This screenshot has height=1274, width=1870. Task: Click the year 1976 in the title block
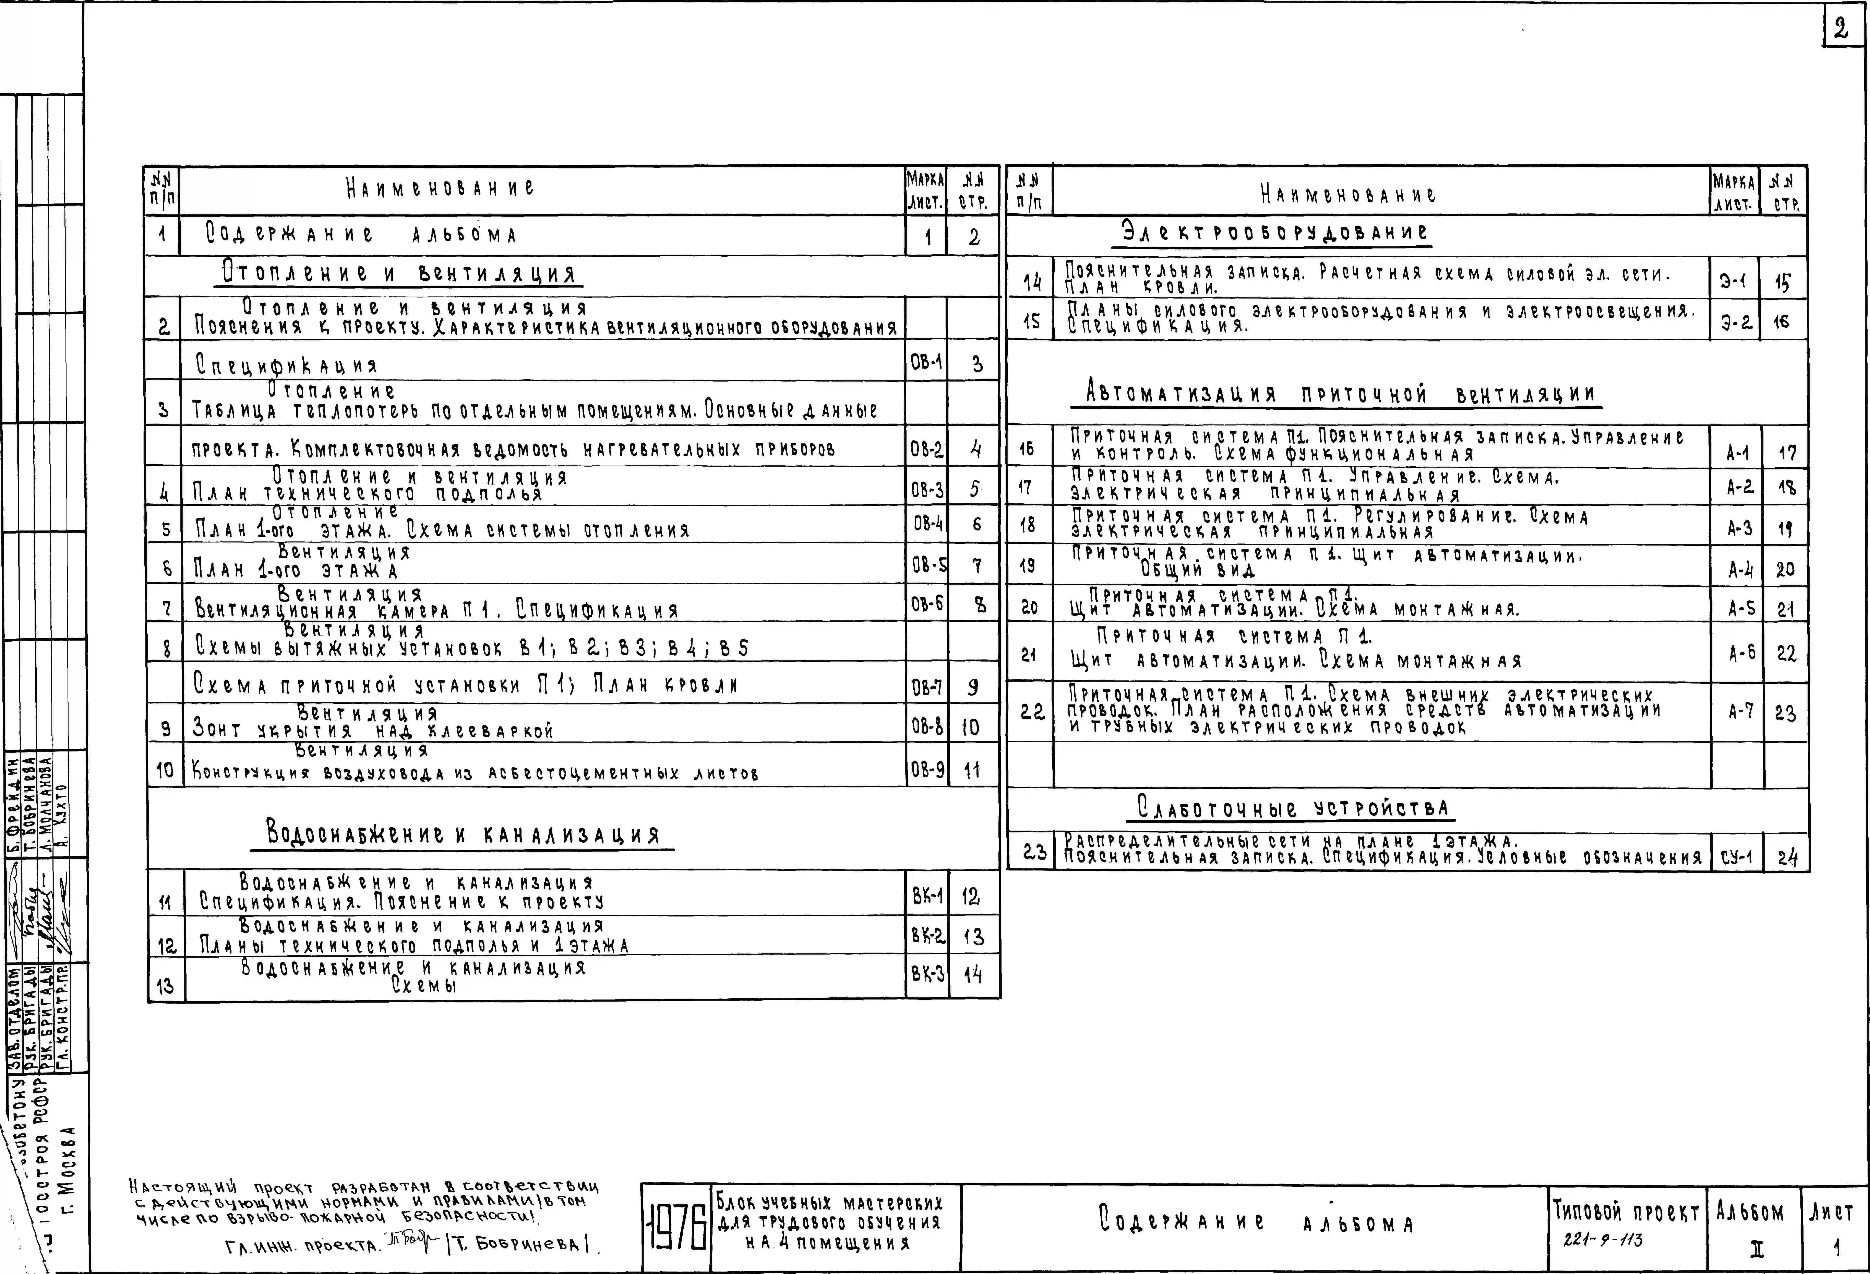point(676,1227)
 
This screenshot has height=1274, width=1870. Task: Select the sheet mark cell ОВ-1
point(926,363)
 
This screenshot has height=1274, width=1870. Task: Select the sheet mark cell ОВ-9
point(926,770)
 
